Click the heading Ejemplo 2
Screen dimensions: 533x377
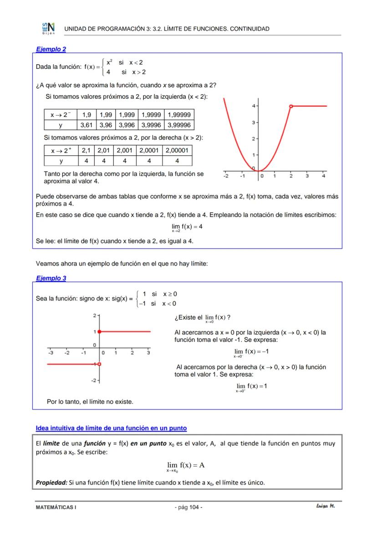pos(51,49)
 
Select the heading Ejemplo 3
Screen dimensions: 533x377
pos(51,278)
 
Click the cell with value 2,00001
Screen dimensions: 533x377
pos(177,151)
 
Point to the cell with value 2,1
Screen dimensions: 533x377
pos(86,151)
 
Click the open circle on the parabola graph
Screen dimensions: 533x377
pos(290,106)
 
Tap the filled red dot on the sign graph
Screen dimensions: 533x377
pos(99,331)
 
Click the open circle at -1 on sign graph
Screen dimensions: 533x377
pos(99,364)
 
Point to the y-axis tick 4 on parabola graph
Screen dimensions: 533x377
pos(253,106)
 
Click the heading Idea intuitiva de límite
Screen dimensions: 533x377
pos(111,428)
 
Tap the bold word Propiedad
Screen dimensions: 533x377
pos(51,482)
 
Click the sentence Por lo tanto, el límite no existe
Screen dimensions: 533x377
pos(90,401)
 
